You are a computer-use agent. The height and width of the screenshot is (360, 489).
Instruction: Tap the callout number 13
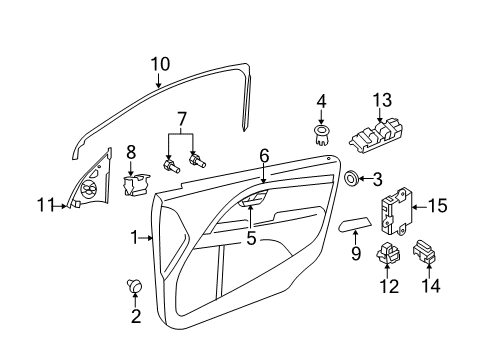(x=383, y=101)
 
